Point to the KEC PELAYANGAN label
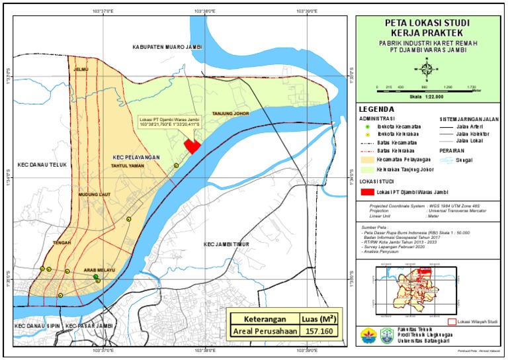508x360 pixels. coord(136,157)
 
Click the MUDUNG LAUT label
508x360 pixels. coord(92,195)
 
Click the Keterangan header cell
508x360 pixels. coord(262,316)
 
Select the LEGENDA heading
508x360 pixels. coord(376,109)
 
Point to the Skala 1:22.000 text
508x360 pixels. coord(426,97)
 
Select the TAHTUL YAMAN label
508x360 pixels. coord(128,166)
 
